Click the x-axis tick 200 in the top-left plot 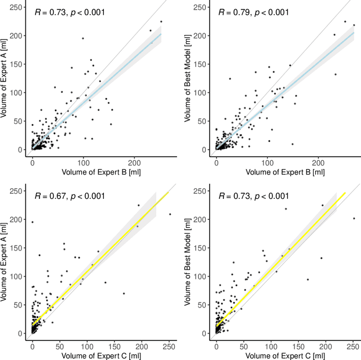tap(134, 161)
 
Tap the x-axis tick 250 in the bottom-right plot tap(353, 345)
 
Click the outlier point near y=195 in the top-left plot tap(83, 38)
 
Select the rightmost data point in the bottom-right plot tap(354, 218)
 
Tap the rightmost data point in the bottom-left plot tap(170, 214)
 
